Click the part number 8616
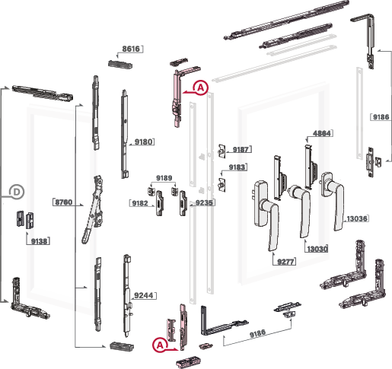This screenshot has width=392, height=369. [x=131, y=49]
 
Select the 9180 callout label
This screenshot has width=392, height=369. [x=143, y=142]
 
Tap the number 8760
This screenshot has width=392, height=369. [x=64, y=202]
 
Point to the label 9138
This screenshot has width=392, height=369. [x=39, y=241]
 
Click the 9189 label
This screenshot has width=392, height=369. [x=164, y=178]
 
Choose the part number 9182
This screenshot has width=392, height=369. [x=140, y=203]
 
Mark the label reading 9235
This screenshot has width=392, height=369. [x=204, y=202]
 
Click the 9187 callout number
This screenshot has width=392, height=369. [x=241, y=149]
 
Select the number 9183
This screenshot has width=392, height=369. [x=237, y=167]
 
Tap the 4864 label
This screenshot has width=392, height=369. [x=322, y=133]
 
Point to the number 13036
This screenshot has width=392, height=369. [x=357, y=218]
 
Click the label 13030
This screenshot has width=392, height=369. [x=317, y=249]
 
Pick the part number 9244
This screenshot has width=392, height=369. [x=144, y=295]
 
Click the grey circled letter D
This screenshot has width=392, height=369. [x=17, y=192]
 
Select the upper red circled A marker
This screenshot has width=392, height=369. [x=201, y=87]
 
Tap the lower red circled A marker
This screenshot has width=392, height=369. [x=160, y=345]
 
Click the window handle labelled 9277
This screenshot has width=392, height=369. [x=266, y=215]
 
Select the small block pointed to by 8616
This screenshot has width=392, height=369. [x=120, y=64]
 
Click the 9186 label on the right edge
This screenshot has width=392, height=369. [x=381, y=117]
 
